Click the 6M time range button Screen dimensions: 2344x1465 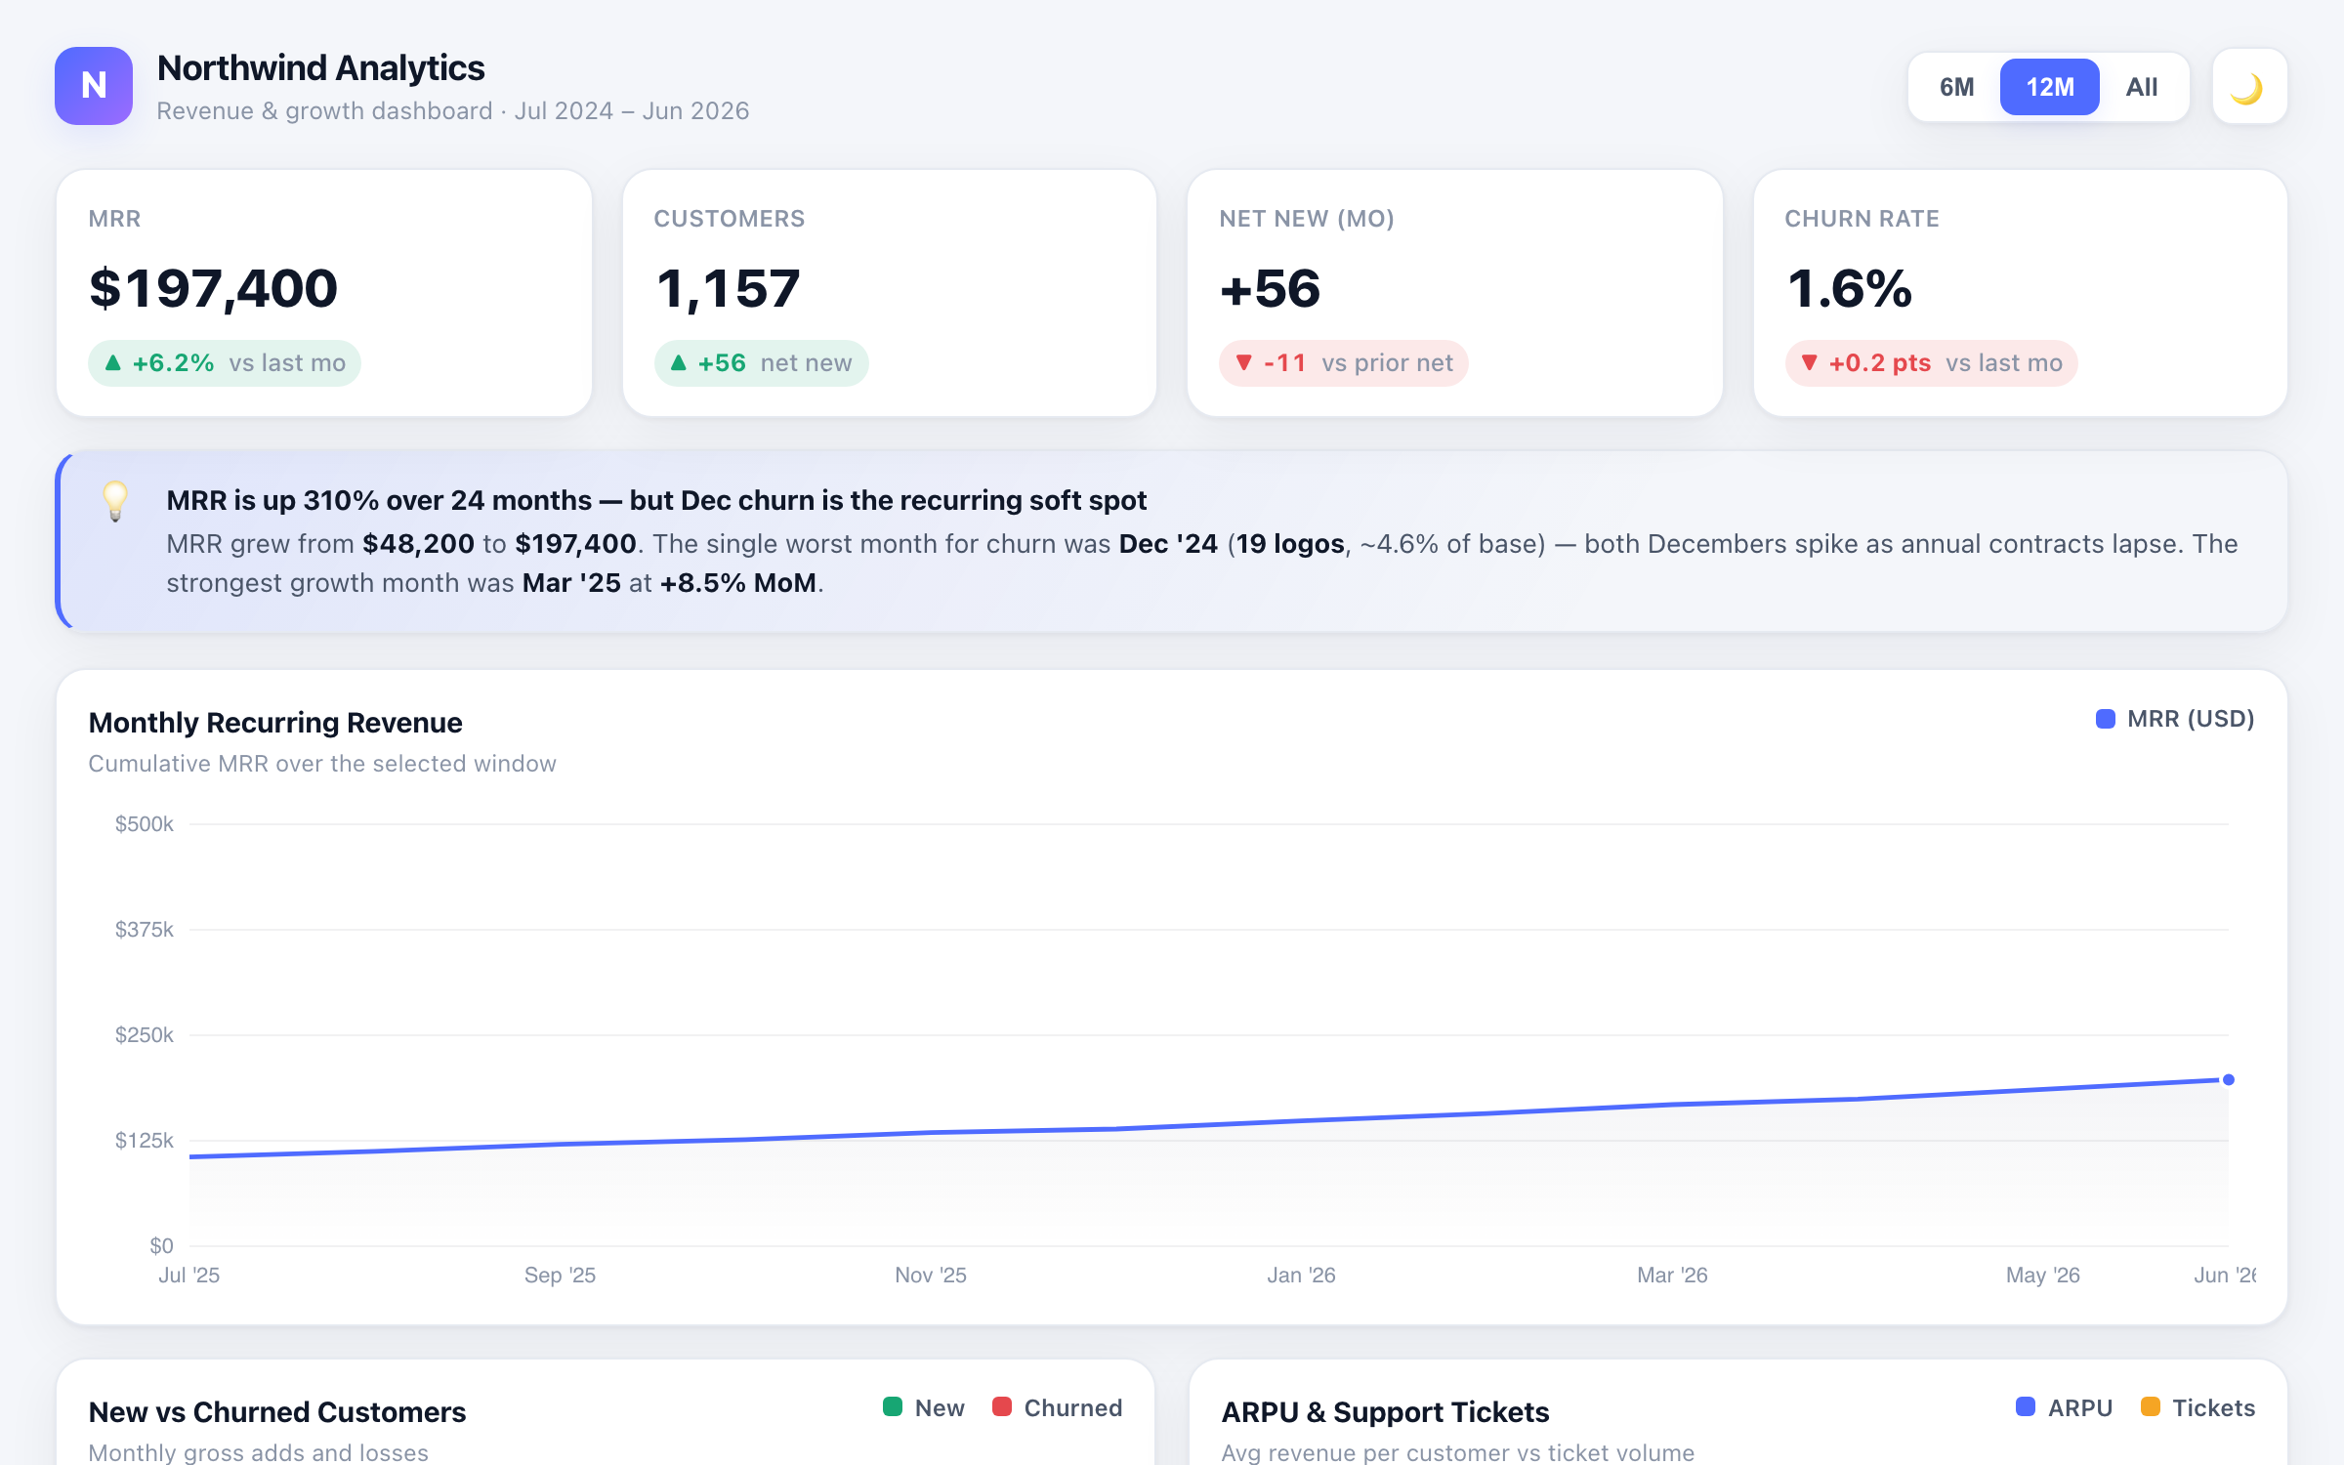pyautogui.click(x=1956, y=87)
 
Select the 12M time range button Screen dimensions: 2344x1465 pyautogui.click(x=2049, y=87)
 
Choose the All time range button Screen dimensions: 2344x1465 pyautogui.click(x=2142, y=87)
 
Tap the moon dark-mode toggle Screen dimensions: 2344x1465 pyautogui.click(x=2249, y=87)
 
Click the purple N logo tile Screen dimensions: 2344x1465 pyautogui.click(x=94, y=86)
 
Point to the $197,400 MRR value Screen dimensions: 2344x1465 pyautogui.click(x=213, y=289)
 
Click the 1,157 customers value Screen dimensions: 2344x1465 pyautogui.click(x=728, y=289)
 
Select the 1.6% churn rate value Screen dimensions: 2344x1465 pyautogui.click(x=1849, y=289)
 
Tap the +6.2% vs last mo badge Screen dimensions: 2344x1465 pyautogui.click(x=225, y=363)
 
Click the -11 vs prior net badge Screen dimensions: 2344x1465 pyautogui.click(x=1344, y=363)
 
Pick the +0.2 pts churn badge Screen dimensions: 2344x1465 pyautogui.click(x=1931, y=363)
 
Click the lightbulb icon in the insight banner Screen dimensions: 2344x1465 pyautogui.click(x=115, y=501)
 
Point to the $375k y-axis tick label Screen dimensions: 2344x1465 pyautogui.click(x=145, y=930)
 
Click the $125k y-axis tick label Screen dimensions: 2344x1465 pyautogui.click(x=145, y=1141)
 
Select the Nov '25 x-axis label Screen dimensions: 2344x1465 pyautogui.click(x=931, y=1276)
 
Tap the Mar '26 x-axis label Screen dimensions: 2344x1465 pyautogui.click(x=1672, y=1276)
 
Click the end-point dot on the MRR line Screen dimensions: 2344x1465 pyautogui.click(x=2229, y=1080)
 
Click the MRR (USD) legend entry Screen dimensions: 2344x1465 pyautogui.click(x=2175, y=720)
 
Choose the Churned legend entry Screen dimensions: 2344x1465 pyautogui.click(x=1058, y=1408)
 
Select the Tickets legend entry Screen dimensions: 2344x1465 pyautogui.click(x=2198, y=1408)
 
